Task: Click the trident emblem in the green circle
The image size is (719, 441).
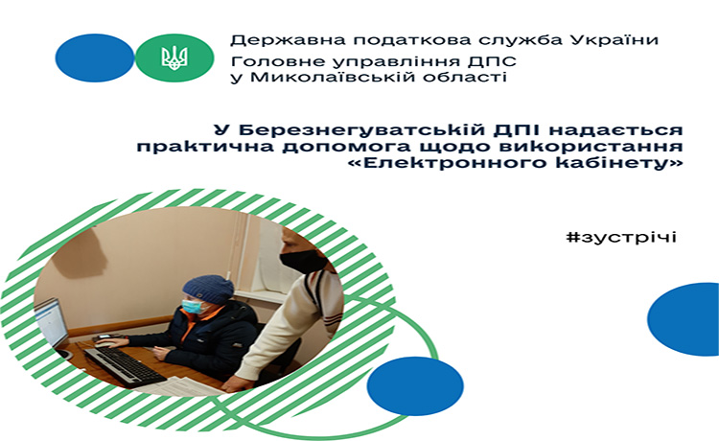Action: (174, 58)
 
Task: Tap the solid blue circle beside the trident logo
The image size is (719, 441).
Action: (95, 58)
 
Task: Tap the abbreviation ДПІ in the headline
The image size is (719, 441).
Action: (518, 129)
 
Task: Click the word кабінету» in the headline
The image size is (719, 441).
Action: (618, 163)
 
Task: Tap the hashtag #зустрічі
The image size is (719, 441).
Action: (621, 237)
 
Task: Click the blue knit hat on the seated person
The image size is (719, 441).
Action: (208, 289)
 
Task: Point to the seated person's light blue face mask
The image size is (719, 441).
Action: (194, 306)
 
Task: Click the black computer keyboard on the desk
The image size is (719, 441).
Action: (125, 366)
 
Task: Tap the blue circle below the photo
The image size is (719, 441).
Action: (415, 386)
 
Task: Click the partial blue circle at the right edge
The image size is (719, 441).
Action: (684, 319)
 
